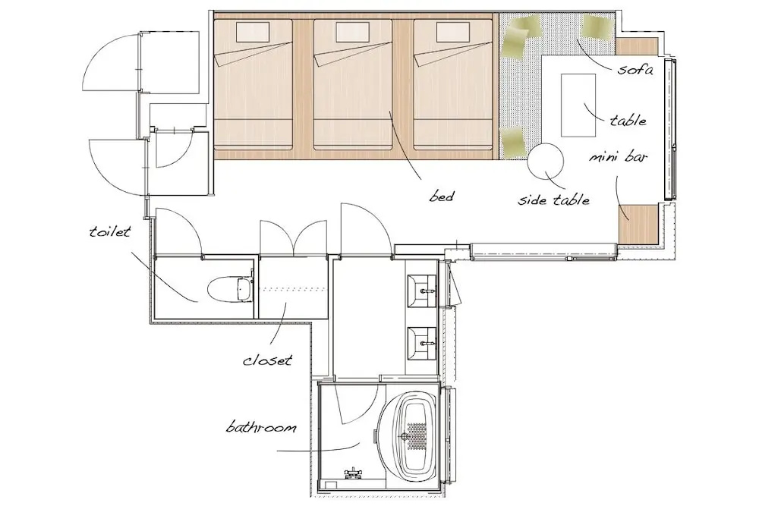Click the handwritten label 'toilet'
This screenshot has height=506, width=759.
(110, 231)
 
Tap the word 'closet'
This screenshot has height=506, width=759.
(268, 360)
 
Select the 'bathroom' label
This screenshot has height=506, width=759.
(261, 428)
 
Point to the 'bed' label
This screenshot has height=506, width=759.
(442, 196)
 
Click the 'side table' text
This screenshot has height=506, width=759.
(554, 200)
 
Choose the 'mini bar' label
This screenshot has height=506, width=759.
(618, 157)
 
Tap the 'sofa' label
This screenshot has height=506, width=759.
(635, 69)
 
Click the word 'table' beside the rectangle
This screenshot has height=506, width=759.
(628, 120)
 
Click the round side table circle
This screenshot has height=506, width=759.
(546, 161)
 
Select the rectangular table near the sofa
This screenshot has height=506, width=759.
(578, 105)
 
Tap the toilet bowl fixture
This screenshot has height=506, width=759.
(229, 290)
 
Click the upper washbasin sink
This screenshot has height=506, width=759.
(423, 291)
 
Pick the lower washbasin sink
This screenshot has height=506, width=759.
(423, 344)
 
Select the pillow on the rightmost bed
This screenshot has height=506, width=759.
(453, 33)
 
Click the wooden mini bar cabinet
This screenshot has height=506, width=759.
(638, 224)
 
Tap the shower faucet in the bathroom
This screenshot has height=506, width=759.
(353, 473)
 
